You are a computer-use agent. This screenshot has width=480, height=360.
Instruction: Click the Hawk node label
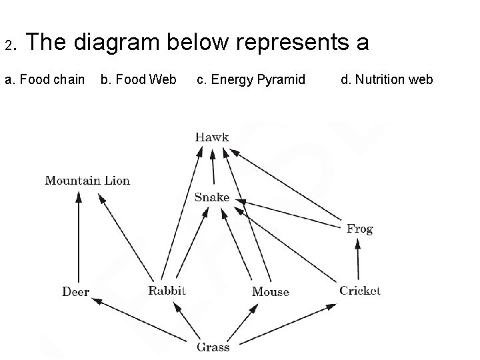(212, 137)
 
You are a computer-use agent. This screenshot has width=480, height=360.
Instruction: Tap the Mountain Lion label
(87, 180)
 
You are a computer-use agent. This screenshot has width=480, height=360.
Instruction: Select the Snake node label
(212, 197)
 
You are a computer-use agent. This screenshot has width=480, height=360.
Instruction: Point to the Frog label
(359, 229)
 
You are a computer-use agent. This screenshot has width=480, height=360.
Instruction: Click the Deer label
(75, 291)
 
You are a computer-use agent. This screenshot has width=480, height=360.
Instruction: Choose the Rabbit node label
(167, 290)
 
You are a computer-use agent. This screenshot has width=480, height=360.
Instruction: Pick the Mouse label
(270, 291)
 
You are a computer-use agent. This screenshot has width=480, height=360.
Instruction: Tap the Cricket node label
(360, 290)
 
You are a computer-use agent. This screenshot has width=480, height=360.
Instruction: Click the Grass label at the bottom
(213, 347)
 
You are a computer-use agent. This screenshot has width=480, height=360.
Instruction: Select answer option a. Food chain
(45, 80)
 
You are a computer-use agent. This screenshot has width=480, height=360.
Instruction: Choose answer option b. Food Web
(138, 80)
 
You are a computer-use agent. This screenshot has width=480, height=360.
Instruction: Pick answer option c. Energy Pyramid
(251, 80)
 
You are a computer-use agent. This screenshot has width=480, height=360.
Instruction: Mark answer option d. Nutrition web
(387, 80)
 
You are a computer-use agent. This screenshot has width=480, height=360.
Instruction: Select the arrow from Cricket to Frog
(358, 260)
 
